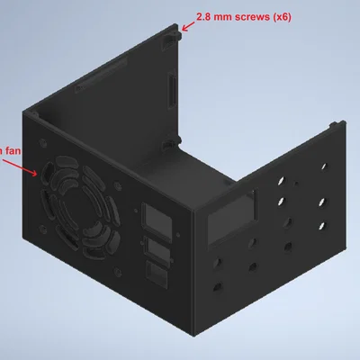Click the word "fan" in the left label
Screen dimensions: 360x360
pyautogui.click(x=13, y=151)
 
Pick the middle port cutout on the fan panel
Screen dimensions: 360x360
pyautogui.click(x=157, y=247)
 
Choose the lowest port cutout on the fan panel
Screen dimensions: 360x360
pyautogui.click(x=157, y=273)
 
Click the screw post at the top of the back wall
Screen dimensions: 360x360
pyautogui.click(x=172, y=40)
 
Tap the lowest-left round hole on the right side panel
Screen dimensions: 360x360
pyautogui.click(x=217, y=287)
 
